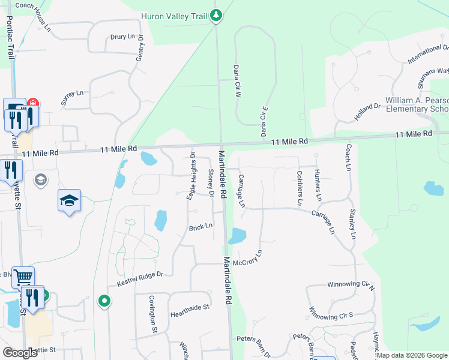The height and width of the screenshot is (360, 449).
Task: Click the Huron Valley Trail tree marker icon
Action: [x=217, y=16]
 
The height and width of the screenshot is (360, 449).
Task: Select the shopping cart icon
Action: [x=23, y=277]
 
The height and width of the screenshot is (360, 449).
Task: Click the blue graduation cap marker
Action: [x=69, y=200]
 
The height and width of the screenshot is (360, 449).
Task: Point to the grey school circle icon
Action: [x=41, y=179]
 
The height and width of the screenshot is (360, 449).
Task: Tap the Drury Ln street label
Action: [x=122, y=37]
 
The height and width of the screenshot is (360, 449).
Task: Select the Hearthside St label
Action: [x=189, y=307]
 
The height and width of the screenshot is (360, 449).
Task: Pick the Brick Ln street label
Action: [x=201, y=227]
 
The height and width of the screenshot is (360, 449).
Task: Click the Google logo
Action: [x=20, y=353]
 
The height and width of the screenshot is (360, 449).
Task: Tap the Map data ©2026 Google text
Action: [x=412, y=355]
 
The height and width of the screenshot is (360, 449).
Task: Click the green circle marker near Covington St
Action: [x=104, y=300]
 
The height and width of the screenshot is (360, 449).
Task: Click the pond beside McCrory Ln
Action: [x=237, y=236]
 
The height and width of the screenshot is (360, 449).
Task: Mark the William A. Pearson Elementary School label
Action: [x=416, y=104]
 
